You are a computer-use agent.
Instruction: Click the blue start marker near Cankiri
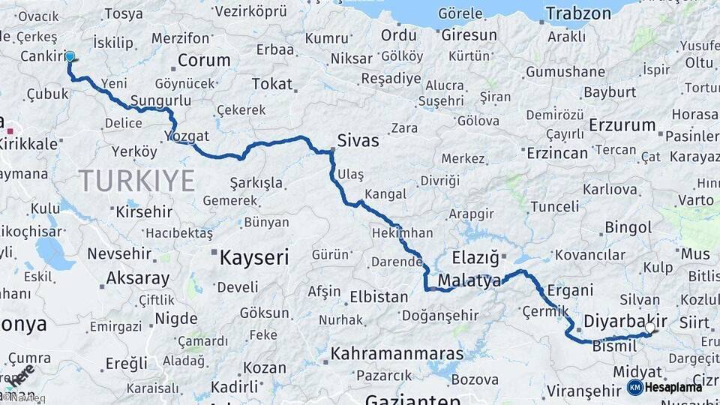[x=70, y=56]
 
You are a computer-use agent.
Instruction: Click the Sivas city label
[x=358, y=141]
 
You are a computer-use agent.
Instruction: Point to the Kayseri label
[x=253, y=258]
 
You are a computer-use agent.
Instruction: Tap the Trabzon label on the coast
[x=578, y=13]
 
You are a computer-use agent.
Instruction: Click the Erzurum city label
[x=622, y=125]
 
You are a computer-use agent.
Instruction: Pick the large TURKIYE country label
[x=136, y=181]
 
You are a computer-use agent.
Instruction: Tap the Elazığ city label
[x=475, y=259]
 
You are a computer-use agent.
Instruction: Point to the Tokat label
[x=271, y=83]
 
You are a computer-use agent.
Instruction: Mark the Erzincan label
[x=557, y=153]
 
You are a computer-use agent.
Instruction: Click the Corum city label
[x=204, y=61]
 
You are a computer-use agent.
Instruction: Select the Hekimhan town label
[x=402, y=234]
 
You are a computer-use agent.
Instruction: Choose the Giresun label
[x=469, y=35]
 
